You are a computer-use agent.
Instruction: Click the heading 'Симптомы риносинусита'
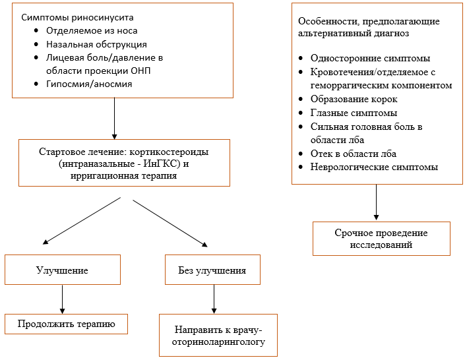77,18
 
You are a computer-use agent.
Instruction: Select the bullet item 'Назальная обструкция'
96,44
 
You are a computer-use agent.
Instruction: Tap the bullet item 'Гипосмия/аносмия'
89,84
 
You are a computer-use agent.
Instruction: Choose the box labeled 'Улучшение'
63,270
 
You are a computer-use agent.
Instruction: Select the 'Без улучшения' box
212,270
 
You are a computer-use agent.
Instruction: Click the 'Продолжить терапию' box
66,324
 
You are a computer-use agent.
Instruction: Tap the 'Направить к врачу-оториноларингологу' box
218,336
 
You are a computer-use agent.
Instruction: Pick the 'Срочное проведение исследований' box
381,239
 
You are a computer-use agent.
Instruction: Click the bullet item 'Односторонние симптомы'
370,58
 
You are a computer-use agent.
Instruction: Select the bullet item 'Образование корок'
354,99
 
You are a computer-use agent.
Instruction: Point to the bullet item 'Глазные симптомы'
354,113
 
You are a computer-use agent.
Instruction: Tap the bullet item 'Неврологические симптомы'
374,167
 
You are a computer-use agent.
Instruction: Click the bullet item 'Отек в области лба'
354,154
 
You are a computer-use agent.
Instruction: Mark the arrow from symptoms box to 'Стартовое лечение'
115,119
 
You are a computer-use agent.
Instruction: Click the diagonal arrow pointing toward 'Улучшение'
82,221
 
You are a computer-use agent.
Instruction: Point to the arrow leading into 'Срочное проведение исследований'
377,202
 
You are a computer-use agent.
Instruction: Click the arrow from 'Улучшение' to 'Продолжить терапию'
62,299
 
